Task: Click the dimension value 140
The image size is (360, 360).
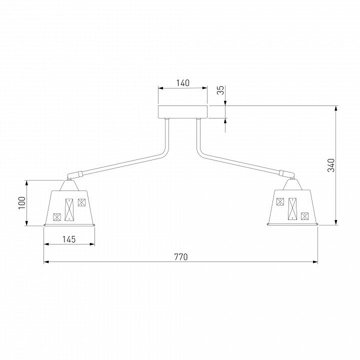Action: (183, 83)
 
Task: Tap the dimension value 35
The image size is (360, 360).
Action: (220, 90)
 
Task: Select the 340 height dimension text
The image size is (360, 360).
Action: (331, 165)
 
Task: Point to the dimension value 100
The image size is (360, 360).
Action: (22, 202)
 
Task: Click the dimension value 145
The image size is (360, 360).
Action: (69, 239)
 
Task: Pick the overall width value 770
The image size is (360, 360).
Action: (181, 257)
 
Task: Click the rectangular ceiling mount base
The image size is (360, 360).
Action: (183, 112)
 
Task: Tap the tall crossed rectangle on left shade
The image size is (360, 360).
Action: (69, 209)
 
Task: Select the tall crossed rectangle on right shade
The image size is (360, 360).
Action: (292, 208)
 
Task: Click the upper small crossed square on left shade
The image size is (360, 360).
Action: (81, 202)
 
